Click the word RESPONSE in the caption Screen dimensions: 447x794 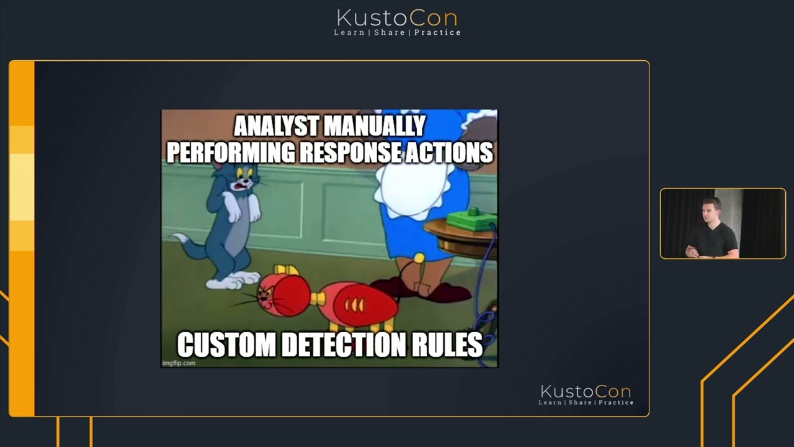(350, 152)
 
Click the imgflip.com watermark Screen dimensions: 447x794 (179, 363)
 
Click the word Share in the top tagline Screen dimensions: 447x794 (389, 32)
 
